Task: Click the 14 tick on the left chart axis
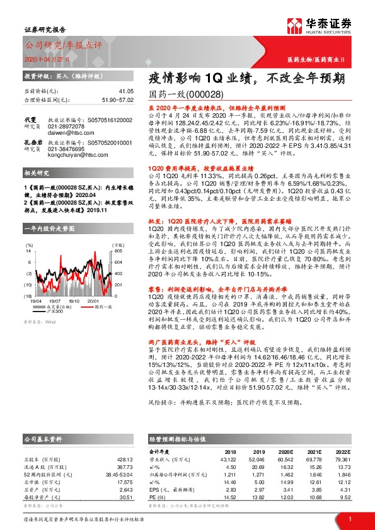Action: (28, 233)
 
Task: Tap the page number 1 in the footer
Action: (349, 518)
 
